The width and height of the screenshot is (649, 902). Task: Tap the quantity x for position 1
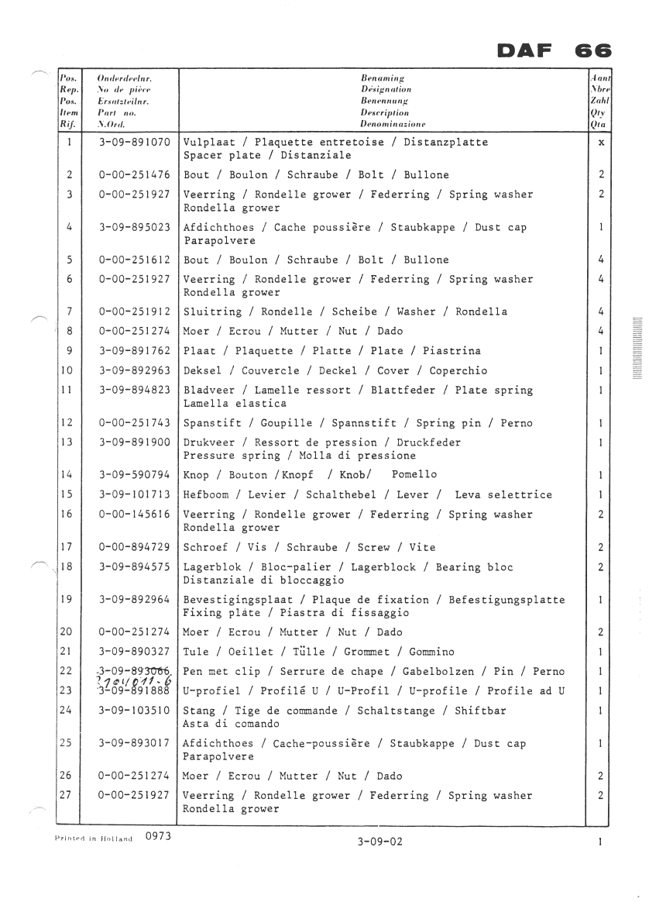pos(601,143)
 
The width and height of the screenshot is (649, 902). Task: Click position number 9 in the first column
pos(70,351)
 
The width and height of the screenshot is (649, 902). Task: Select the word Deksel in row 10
pos(203,370)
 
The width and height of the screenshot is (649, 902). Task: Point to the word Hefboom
pos(206,494)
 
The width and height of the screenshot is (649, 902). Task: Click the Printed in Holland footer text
pos(94,838)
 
